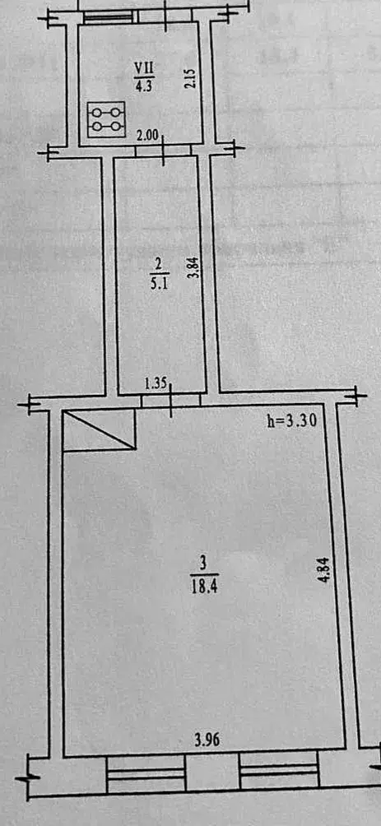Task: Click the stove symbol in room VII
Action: pos(106,119)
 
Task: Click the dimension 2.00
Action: pos(147,136)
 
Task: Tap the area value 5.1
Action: pos(158,279)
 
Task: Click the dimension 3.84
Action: pos(195,270)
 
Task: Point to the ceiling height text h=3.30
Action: pos(290,422)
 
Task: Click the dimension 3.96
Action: pos(207,740)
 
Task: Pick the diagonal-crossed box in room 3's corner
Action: pos(99,430)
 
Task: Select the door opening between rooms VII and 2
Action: pos(163,151)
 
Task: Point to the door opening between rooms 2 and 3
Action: pos(170,401)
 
